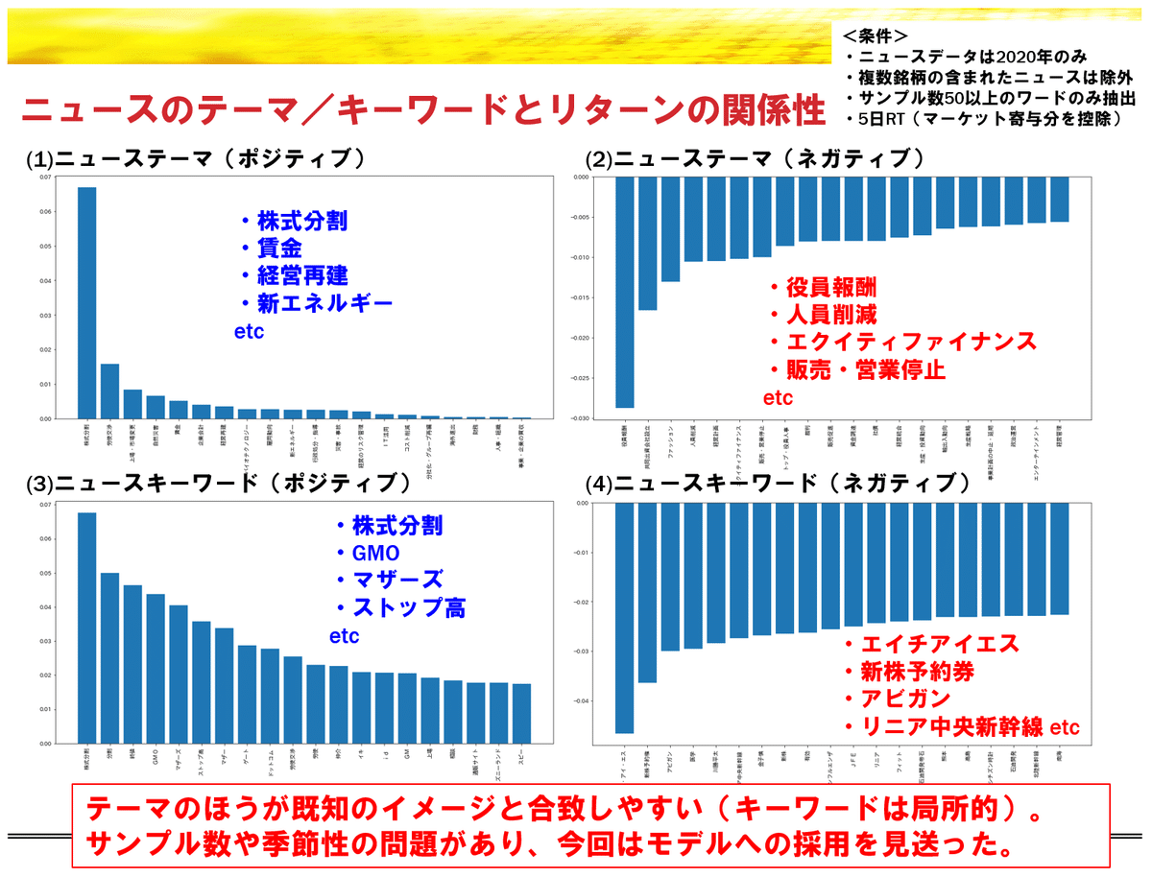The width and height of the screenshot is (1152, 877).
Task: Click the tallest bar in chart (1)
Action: [x=86, y=302]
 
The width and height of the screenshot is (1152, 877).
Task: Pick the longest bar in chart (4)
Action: [x=624, y=618]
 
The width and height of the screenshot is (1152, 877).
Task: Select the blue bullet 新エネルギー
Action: [x=316, y=304]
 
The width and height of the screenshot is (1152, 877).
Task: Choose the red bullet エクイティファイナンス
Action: [x=901, y=342]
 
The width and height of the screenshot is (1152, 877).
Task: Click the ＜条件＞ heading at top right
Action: [x=875, y=36]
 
